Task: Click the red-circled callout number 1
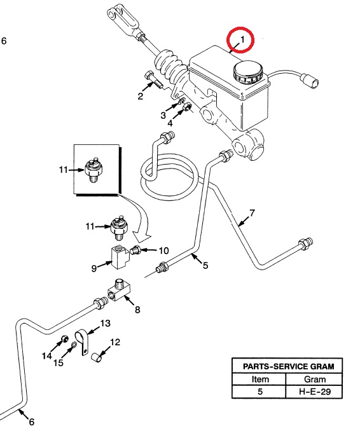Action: coord(242,39)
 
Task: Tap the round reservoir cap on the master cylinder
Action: coord(248,72)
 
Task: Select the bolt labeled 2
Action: coord(153,79)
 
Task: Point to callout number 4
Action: coord(170,123)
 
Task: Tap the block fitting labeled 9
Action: coord(120,257)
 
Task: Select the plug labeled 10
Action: coord(135,250)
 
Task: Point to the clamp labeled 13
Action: coord(82,342)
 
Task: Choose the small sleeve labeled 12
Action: coord(96,357)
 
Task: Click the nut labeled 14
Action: coord(64,339)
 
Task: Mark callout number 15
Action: coord(59,362)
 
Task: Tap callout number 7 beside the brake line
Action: coord(252,213)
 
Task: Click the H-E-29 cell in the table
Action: coord(315,392)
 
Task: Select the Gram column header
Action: coord(315,379)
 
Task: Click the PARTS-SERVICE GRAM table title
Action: coord(288,366)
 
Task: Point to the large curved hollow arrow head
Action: coord(141,236)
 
